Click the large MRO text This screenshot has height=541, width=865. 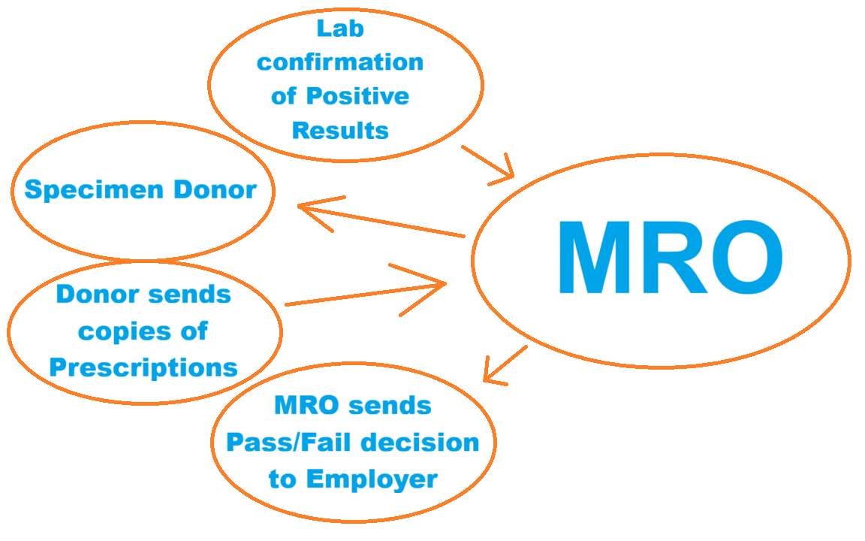(669, 258)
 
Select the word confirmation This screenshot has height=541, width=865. (340, 62)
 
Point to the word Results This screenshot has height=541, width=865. (340, 130)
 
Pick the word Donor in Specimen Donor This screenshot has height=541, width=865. (215, 189)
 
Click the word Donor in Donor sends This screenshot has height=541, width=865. (97, 294)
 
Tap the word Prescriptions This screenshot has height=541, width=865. (143, 367)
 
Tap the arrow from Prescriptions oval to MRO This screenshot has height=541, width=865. (368, 293)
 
